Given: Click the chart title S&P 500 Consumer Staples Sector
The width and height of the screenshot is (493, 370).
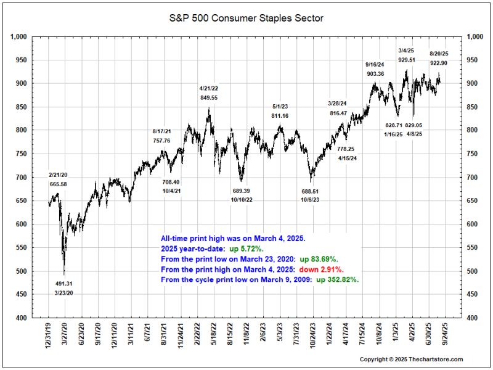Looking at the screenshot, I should tap(246, 18).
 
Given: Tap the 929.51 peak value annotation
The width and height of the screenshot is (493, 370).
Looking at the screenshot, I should tap(406, 60).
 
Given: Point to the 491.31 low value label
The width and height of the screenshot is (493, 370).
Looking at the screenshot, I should tap(65, 284).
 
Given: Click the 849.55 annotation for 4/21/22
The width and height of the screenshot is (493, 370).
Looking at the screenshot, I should tap(209, 97).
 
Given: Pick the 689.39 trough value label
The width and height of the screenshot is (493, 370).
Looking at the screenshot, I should tap(241, 191).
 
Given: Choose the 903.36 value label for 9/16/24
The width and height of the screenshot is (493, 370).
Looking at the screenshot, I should tap(375, 74).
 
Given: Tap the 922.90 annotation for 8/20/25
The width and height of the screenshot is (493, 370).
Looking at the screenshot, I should tap(439, 64).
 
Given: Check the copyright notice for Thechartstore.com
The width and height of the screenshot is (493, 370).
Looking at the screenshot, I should tap(411, 360).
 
